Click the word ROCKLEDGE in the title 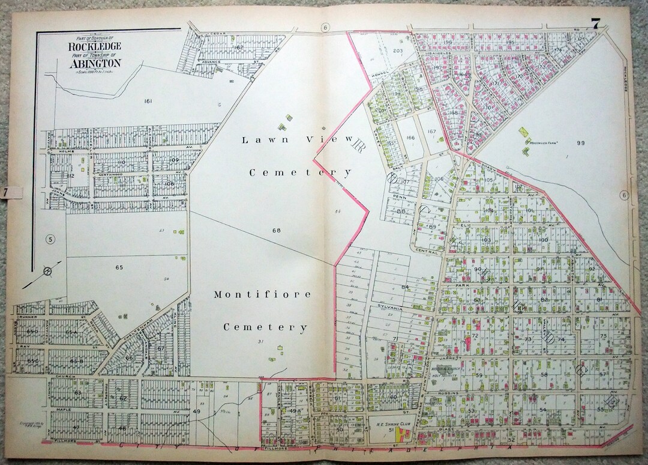tap(95, 46)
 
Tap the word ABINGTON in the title tap(95, 62)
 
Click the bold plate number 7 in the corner tap(595, 25)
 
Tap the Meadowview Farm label tap(544, 142)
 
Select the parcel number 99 tap(580, 142)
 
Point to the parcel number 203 tap(397, 50)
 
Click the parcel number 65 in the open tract tap(119, 267)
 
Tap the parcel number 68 tap(276, 230)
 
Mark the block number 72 tap(475, 336)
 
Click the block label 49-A tap(294, 411)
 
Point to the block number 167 tap(431, 132)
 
